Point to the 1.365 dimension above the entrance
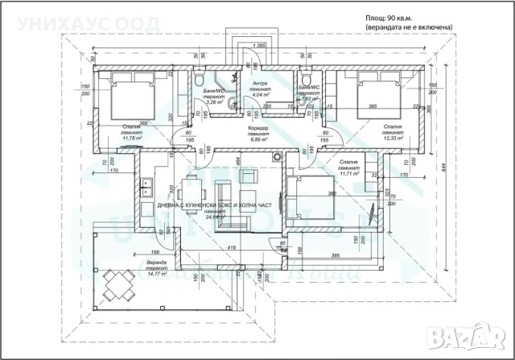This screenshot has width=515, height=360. (x=259, y=46)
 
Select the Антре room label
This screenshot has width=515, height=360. (x=260, y=84)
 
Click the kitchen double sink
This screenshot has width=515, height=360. (x=148, y=188)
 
